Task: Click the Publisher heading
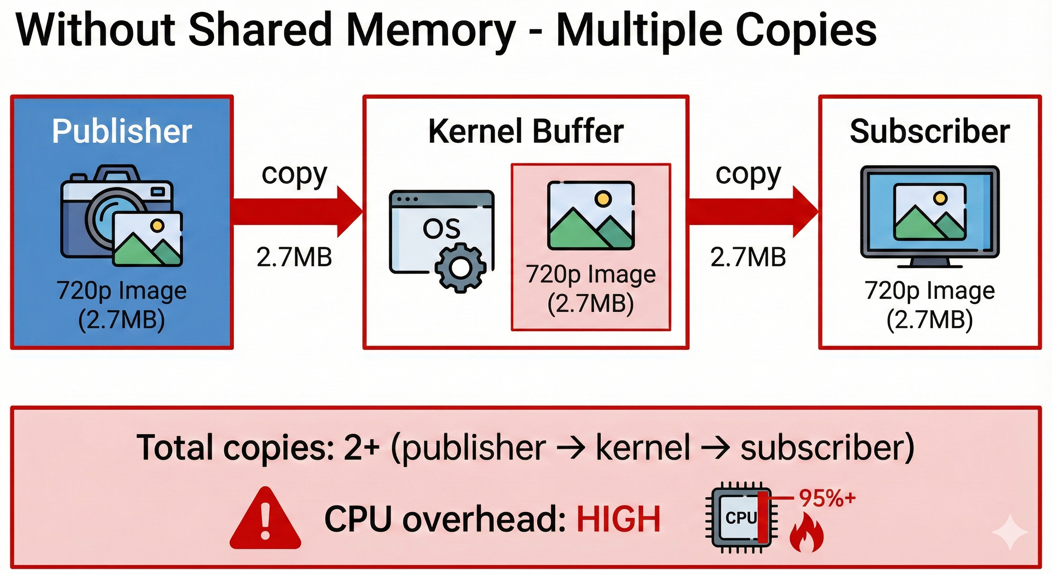pos(122,131)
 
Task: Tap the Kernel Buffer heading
pos(526,131)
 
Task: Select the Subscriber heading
pos(930,131)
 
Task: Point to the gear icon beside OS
pos(460,268)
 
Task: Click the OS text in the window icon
pos(441,229)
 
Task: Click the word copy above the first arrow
pos(294,175)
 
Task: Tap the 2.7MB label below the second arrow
pos(748,257)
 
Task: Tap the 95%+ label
pos(827,498)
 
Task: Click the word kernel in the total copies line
pos(643,448)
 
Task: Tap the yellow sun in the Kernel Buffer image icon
pos(603,199)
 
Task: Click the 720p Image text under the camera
pos(122,291)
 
